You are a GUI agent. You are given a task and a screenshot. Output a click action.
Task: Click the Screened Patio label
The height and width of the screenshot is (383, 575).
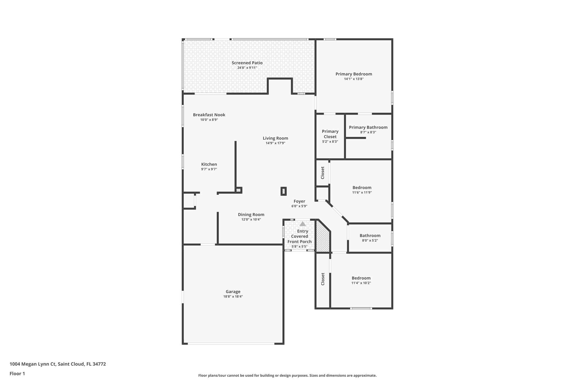[247, 63]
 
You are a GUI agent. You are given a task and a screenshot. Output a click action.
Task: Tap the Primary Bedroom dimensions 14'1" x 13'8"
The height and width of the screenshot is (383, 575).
[354, 79]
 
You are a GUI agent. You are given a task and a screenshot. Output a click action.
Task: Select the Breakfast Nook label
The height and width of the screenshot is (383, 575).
[209, 115]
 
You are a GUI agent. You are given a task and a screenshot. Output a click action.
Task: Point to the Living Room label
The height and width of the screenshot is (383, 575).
[275, 138]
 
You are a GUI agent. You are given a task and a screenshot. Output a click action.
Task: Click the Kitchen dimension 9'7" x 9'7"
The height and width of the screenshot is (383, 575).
[209, 169]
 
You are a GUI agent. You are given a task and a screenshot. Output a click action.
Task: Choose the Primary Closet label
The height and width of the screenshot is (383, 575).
[330, 134]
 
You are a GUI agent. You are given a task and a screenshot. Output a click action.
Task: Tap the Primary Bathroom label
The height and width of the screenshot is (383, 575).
[368, 127]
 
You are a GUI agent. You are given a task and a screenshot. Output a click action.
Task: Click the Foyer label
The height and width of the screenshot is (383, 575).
[299, 201]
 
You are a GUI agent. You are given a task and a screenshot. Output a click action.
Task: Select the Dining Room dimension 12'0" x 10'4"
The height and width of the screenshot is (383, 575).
[251, 219]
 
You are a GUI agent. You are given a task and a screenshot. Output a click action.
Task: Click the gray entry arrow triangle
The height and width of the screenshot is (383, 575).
[302, 224]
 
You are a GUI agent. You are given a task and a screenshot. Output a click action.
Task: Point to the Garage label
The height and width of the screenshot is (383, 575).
[233, 292]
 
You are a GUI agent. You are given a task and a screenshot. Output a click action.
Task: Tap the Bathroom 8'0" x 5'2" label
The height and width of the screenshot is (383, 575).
[370, 236]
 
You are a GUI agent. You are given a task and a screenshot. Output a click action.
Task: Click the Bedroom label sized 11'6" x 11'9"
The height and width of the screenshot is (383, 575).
[362, 187]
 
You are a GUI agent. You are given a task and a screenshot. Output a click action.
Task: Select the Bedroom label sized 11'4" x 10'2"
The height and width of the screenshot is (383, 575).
[361, 278]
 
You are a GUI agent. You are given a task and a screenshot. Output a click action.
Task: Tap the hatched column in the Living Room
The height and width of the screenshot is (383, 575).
[284, 191]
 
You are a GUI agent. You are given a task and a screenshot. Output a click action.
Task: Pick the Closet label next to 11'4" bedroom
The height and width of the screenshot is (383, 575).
[323, 279]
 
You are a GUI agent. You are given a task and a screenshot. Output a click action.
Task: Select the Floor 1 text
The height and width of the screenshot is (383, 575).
[17, 373]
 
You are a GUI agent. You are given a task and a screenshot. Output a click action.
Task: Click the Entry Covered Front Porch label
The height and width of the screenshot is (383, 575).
[300, 236]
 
